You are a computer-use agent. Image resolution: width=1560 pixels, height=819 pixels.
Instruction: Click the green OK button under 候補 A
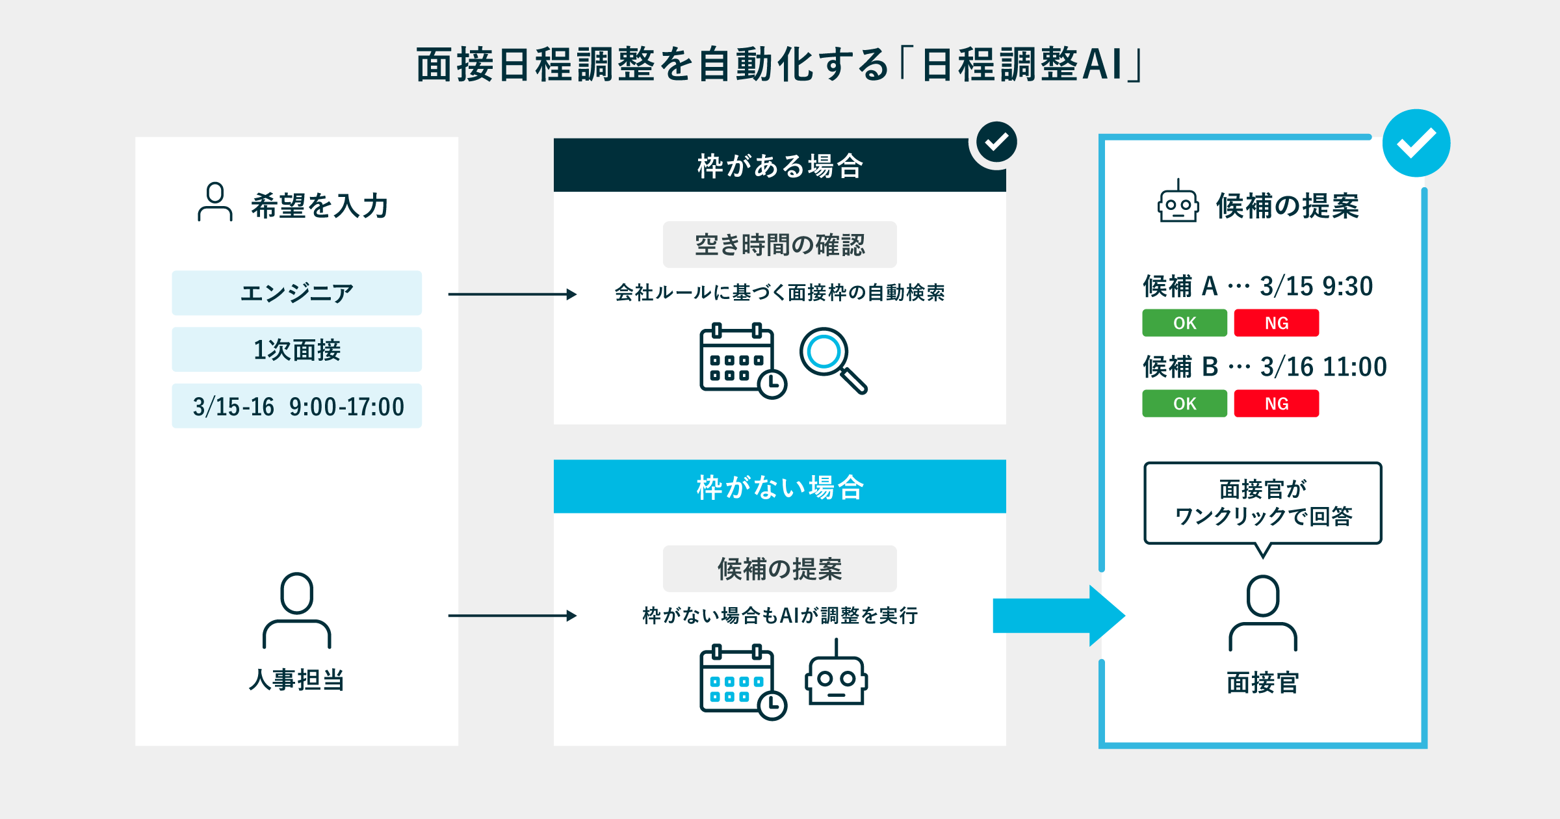(x=1184, y=323)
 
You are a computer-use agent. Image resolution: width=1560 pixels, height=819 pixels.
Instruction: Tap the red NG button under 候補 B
(x=1276, y=404)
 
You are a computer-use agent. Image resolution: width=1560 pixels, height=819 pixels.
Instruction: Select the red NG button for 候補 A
(x=1276, y=323)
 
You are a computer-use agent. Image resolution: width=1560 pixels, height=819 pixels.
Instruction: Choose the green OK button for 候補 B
(x=1184, y=404)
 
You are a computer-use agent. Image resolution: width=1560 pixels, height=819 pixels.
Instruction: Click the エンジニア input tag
(x=296, y=293)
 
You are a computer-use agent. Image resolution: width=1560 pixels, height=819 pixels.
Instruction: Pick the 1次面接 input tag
(x=296, y=350)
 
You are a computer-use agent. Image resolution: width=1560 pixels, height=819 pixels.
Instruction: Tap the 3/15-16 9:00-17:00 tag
(x=296, y=406)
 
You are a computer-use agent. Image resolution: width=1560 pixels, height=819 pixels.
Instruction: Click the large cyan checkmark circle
(x=1416, y=143)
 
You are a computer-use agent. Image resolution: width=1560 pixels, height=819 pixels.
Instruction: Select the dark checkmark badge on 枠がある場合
(x=996, y=142)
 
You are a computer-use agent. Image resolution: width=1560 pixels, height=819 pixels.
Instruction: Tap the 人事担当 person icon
(x=296, y=611)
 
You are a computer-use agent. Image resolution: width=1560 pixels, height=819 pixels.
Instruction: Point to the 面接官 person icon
(x=1262, y=613)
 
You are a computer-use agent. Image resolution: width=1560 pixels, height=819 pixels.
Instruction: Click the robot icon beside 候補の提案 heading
(x=1178, y=203)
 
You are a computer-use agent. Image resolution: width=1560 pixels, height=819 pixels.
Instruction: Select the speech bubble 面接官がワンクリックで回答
(x=1262, y=503)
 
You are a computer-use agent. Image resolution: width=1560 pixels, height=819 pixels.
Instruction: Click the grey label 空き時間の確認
(x=779, y=244)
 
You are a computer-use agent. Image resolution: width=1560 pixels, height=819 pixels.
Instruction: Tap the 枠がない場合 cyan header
(x=779, y=487)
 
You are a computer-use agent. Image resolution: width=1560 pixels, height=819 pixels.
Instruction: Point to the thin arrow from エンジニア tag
(x=512, y=294)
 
